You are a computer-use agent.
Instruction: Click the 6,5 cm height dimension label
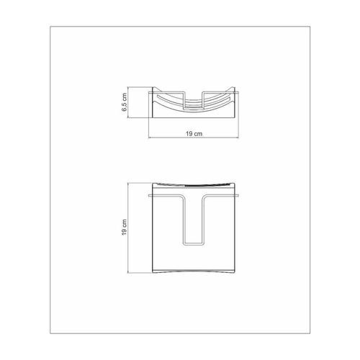(x=124, y=102)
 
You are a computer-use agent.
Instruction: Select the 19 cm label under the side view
(x=194, y=134)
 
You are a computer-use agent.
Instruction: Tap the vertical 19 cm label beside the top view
(x=124, y=228)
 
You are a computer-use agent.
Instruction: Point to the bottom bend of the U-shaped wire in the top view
(x=194, y=244)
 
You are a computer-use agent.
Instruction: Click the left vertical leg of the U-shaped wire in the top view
(x=184, y=221)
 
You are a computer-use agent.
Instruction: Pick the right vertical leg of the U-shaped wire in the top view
(x=204, y=221)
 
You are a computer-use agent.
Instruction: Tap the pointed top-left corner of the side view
(x=153, y=87)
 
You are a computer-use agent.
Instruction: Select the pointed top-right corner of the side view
(x=235, y=87)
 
